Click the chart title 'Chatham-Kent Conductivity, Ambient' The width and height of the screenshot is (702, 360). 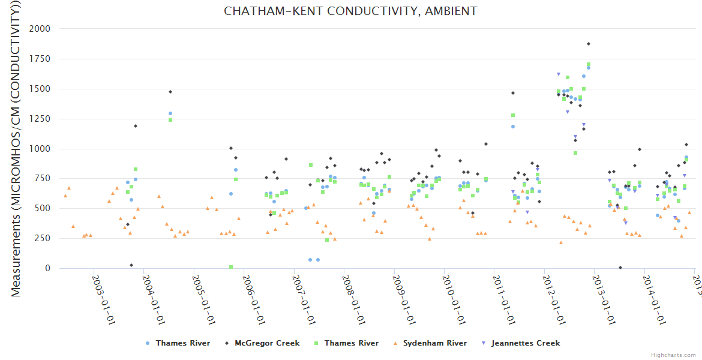350,11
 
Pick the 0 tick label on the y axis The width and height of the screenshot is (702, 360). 47,269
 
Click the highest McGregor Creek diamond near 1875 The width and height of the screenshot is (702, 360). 589,44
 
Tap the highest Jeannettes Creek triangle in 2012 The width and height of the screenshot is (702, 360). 559,74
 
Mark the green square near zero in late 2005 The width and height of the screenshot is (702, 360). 231,267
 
